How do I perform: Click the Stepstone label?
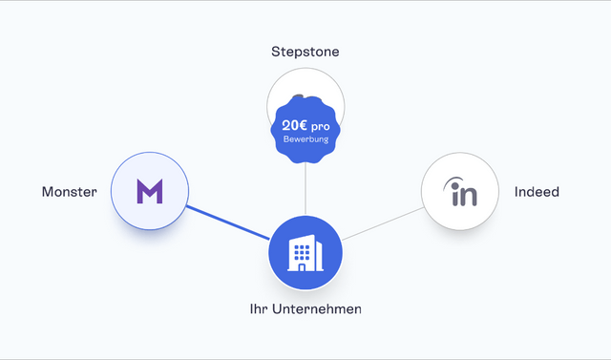(305, 52)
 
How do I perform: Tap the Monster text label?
(70, 192)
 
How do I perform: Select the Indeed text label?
(537, 192)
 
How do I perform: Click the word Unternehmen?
(316, 309)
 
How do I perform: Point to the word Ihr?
(259, 309)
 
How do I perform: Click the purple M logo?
(150, 191)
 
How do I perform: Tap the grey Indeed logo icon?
(460, 191)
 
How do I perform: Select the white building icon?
(305, 253)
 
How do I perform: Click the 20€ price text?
(295, 125)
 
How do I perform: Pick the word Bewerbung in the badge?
(305, 139)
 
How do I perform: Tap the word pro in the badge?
(321, 127)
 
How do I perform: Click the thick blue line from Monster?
(228, 222)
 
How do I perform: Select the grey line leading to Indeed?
(383, 223)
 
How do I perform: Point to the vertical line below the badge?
(305, 189)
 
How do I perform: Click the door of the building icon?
(302, 266)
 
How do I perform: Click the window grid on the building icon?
(302, 252)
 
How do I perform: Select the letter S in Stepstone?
(276, 52)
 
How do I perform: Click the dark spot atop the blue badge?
(298, 95)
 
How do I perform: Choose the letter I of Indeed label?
(516, 191)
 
